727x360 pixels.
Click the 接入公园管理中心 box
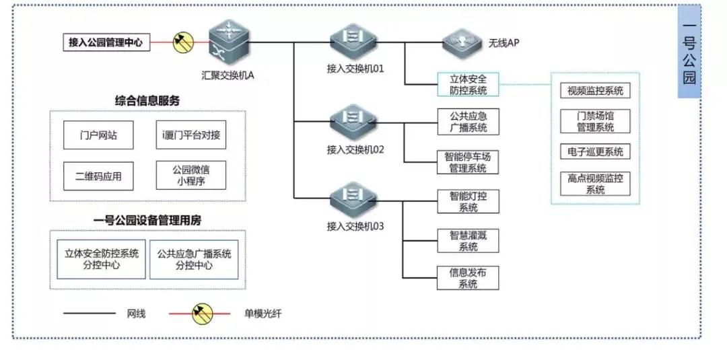click(x=106, y=43)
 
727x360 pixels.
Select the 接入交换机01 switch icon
click(x=355, y=44)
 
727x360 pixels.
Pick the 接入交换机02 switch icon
click(x=355, y=122)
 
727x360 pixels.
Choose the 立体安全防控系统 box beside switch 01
click(x=469, y=84)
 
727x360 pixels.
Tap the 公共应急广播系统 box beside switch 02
click(x=469, y=121)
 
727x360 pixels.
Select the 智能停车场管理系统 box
click(x=469, y=161)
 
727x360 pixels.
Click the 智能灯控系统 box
click(x=469, y=201)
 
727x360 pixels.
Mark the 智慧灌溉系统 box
click(x=469, y=240)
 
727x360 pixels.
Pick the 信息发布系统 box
click(x=469, y=278)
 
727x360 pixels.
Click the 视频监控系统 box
click(x=595, y=90)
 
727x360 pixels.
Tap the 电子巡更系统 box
click(x=595, y=151)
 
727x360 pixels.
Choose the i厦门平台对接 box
click(x=191, y=135)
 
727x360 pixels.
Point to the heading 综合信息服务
click(x=147, y=101)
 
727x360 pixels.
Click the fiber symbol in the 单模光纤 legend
click(x=203, y=314)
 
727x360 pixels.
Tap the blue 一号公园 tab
click(x=689, y=51)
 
